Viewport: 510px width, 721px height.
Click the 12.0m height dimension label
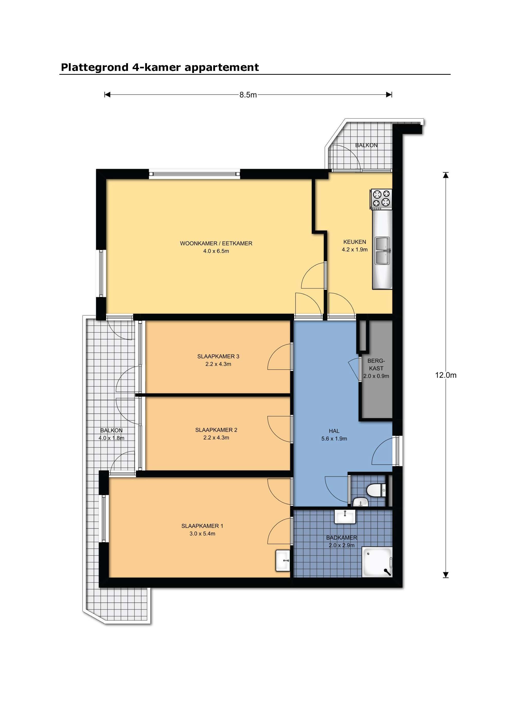coord(445,375)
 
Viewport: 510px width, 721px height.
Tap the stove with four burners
coord(381,199)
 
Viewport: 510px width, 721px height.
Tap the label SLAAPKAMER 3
coord(218,357)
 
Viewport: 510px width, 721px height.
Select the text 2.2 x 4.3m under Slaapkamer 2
coord(216,438)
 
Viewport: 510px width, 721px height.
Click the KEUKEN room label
coord(355,242)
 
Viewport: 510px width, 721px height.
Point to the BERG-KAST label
coord(376,364)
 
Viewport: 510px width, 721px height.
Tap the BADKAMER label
coord(341,538)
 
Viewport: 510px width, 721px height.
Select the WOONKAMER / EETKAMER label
coord(216,243)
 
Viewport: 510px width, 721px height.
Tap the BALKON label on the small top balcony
coord(366,145)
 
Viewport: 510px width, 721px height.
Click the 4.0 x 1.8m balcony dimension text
coord(111,438)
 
